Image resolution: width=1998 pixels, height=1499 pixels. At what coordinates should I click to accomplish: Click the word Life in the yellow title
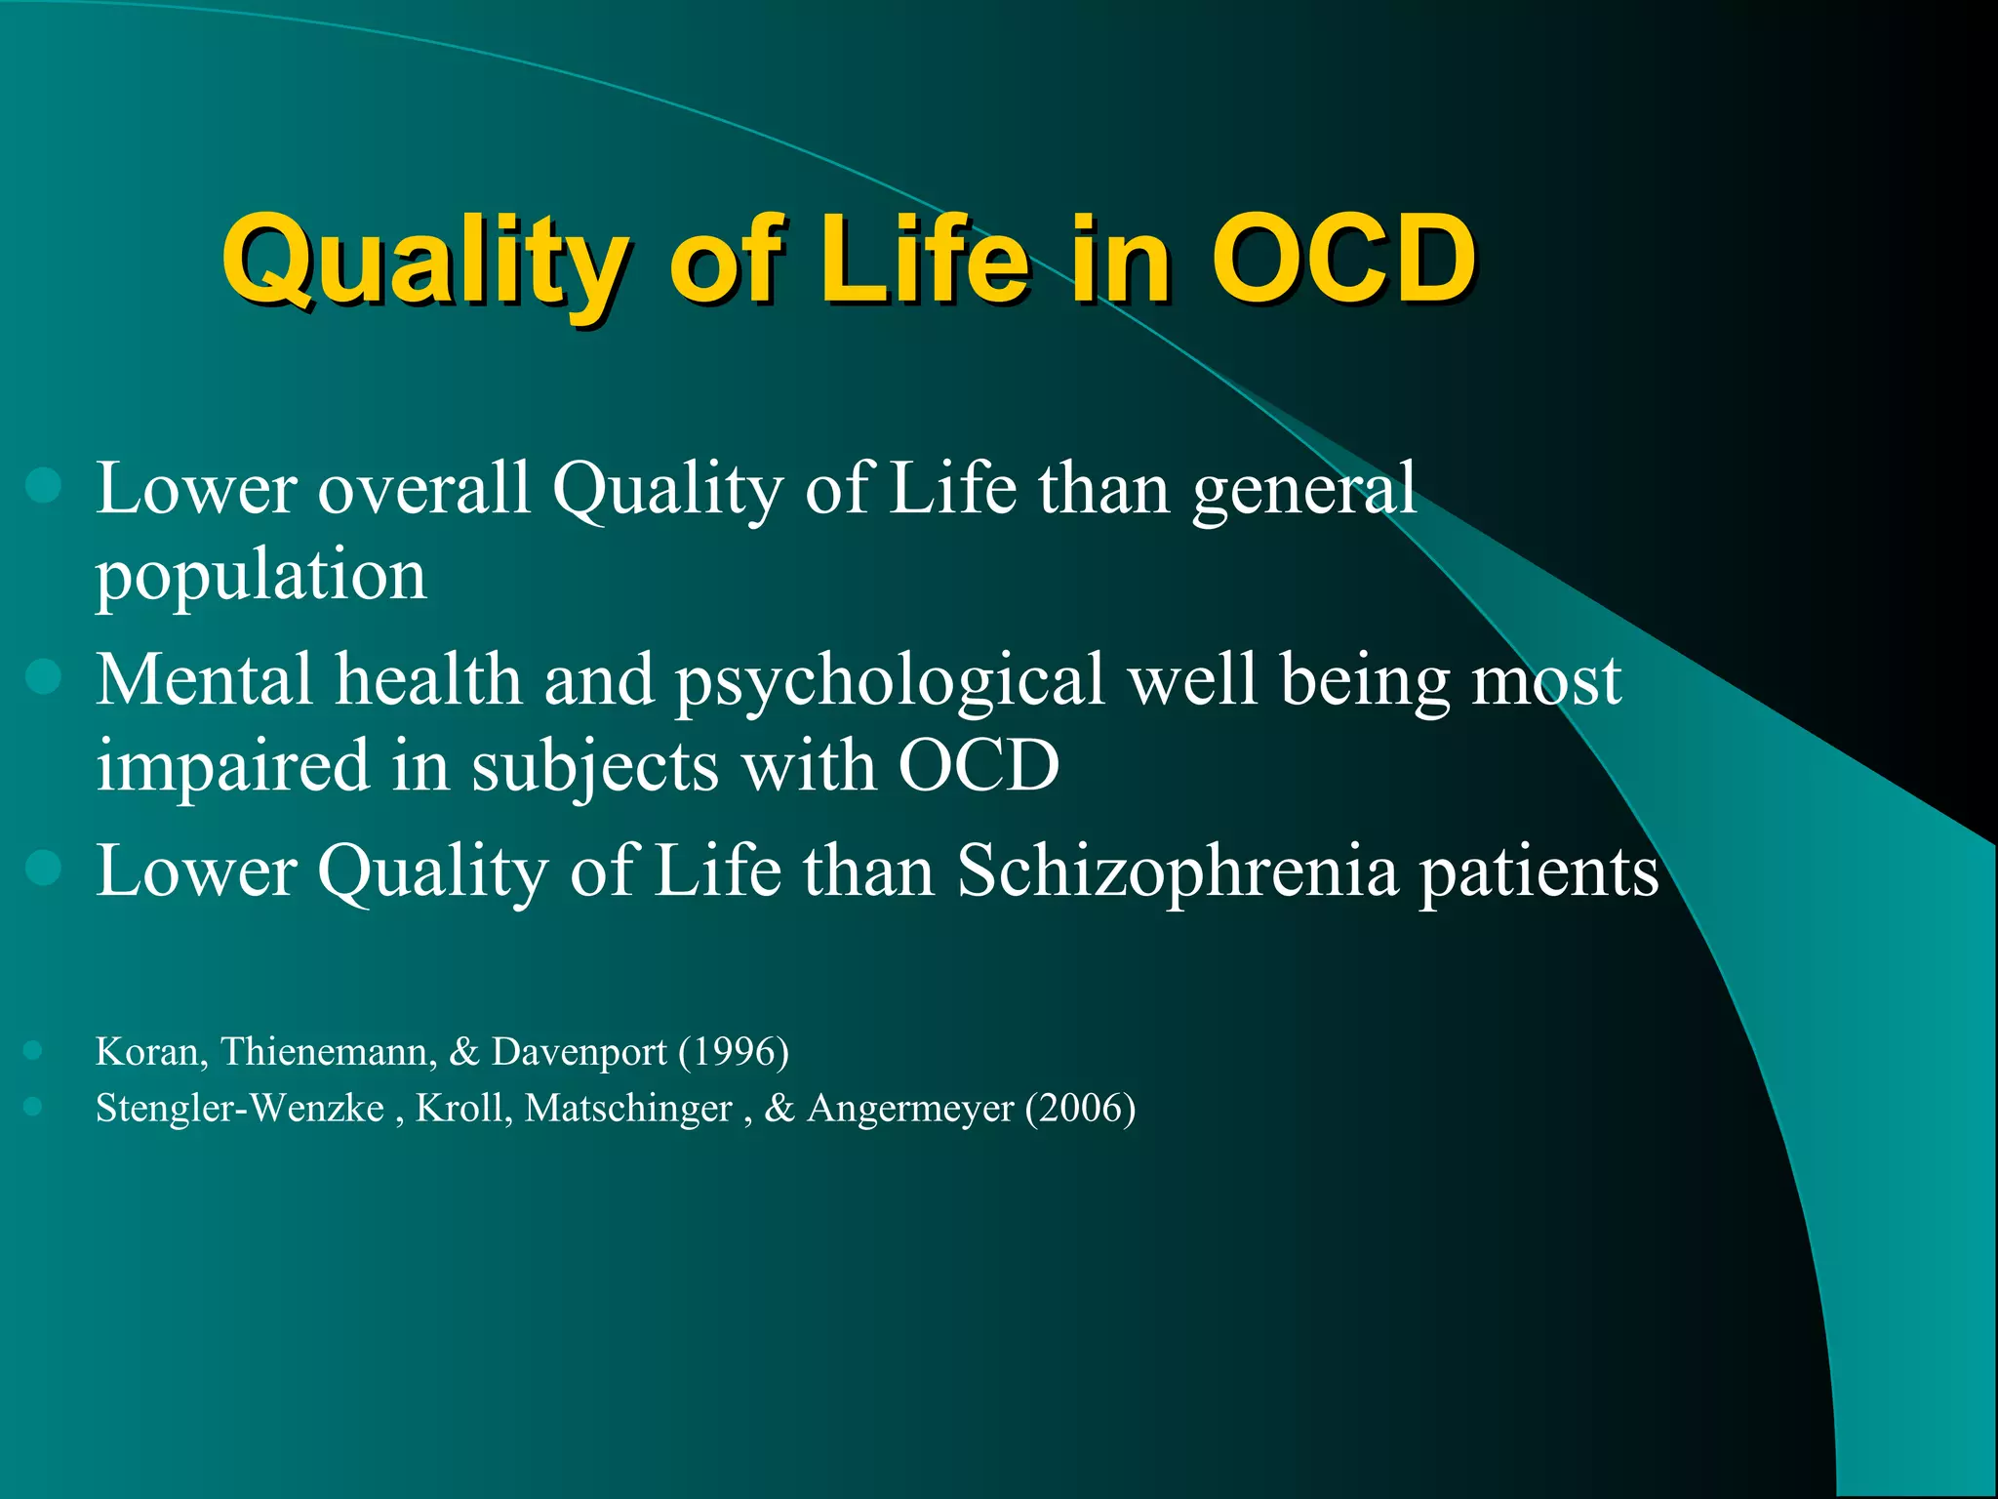[923, 260]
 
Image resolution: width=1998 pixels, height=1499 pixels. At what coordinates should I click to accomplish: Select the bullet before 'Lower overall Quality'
[44, 485]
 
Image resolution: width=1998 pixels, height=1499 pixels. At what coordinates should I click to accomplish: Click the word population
[260, 576]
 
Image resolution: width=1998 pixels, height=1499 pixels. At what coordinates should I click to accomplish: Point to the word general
[1303, 489]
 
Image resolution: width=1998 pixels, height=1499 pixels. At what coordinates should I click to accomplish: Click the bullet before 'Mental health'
[44, 675]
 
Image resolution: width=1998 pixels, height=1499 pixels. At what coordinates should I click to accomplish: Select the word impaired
[232, 766]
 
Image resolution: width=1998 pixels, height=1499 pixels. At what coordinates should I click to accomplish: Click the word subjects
[595, 766]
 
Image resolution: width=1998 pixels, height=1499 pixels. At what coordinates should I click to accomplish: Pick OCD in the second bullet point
[978, 766]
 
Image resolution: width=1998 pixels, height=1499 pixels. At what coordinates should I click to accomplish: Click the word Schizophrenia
[1177, 871]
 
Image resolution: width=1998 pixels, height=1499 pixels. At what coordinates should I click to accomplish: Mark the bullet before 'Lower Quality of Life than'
[44, 867]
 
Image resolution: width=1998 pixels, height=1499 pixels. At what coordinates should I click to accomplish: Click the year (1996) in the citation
[734, 1052]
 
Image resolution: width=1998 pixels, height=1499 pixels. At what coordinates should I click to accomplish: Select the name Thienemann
[328, 1052]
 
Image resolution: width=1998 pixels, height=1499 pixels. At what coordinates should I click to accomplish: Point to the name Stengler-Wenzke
[240, 1109]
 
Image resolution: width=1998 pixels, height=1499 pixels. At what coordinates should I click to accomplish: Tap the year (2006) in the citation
[1080, 1109]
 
